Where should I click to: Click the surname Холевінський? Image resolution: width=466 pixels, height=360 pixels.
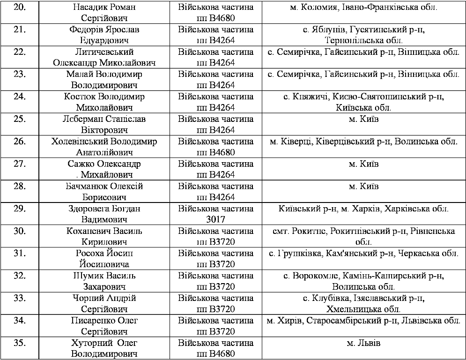(x=80, y=142)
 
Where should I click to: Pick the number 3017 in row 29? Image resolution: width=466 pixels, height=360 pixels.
(x=215, y=220)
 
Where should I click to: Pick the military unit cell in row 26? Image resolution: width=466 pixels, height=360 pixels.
(x=215, y=147)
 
